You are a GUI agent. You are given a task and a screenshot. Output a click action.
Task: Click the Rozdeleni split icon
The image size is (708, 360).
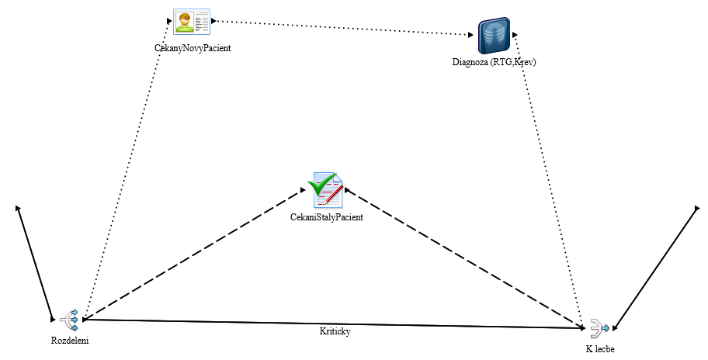(70, 320)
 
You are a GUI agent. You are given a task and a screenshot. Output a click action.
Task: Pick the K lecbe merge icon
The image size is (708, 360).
(599, 328)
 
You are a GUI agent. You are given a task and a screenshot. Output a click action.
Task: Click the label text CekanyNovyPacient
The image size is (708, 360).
(193, 48)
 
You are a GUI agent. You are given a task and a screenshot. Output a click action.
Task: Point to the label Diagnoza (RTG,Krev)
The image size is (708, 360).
(494, 62)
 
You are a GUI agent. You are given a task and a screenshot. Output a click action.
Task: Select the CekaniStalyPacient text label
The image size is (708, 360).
(328, 217)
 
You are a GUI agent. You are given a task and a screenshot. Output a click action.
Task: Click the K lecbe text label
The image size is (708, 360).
(600, 349)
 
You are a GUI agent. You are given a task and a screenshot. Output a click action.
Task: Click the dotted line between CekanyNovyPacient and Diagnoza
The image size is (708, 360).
(342, 28)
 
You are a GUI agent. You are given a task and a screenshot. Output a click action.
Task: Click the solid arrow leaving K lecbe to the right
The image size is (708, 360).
(656, 268)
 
